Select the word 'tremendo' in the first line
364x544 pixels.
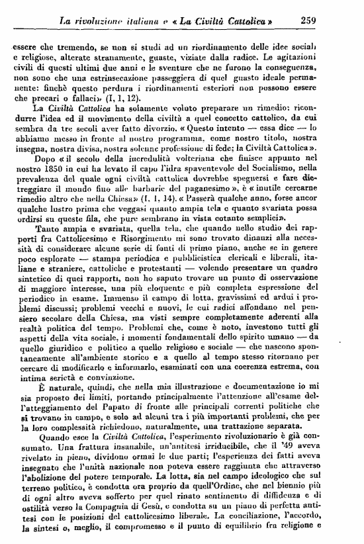coord(69,48)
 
